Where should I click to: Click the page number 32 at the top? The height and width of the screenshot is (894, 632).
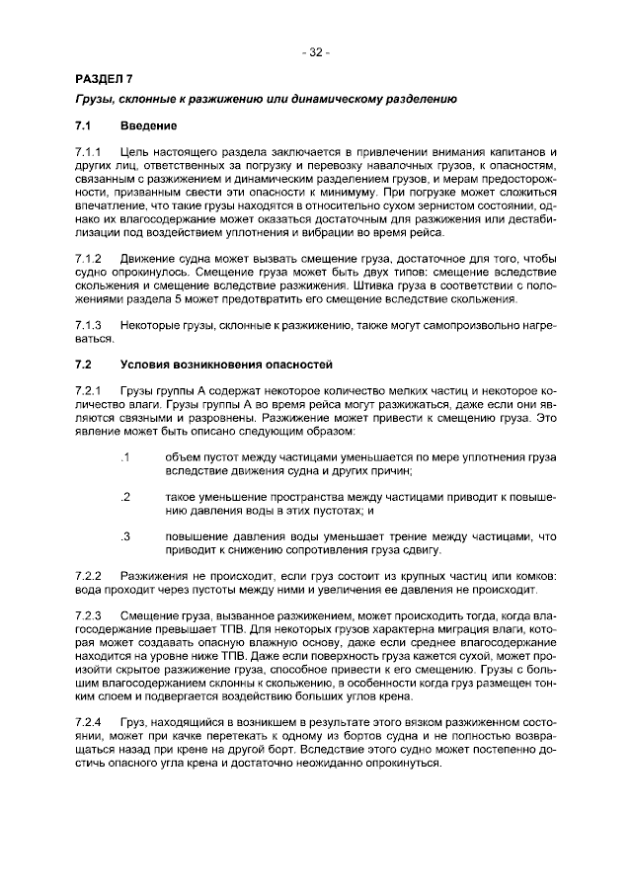[x=316, y=52]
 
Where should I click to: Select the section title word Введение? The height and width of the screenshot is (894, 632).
[x=148, y=126]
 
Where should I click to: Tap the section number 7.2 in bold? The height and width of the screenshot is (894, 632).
[x=84, y=364]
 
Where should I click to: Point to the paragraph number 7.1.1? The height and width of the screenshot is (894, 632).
[x=90, y=151]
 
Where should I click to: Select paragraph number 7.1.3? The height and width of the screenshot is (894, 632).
[x=90, y=325]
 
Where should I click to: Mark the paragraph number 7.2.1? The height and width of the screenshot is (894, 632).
[x=90, y=392]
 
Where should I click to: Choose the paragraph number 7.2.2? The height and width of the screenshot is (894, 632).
[x=90, y=575]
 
